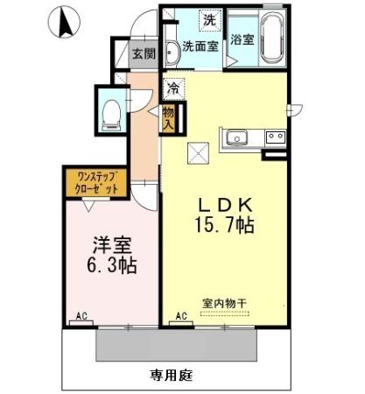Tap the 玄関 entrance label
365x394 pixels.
tap(143, 53)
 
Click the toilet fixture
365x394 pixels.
tap(111, 111)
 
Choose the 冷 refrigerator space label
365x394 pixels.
tap(173, 87)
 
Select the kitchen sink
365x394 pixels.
tap(237, 137)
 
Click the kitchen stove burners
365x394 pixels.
tap(276, 137)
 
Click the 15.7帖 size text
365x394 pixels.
tap(224, 226)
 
